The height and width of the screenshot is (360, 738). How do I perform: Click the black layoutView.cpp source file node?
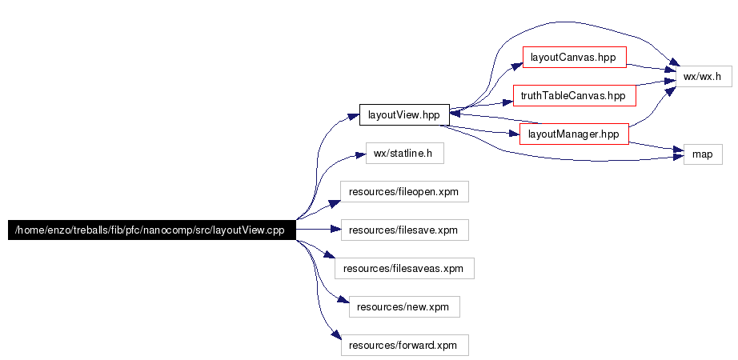click(152, 230)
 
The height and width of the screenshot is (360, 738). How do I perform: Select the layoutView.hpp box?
click(404, 115)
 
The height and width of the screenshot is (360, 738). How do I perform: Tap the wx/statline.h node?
click(405, 154)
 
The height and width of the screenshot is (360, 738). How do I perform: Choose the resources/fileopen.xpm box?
click(404, 191)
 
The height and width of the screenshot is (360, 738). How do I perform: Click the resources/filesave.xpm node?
click(405, 230)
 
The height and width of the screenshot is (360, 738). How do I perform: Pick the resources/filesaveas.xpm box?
click(404, 268)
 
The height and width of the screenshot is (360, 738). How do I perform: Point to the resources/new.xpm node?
click(404, 307)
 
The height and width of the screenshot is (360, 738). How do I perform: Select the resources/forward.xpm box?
click(405, 345)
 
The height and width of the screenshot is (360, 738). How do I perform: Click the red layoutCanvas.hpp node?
click(574, 58)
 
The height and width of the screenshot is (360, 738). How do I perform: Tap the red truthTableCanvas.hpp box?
click(574, 95)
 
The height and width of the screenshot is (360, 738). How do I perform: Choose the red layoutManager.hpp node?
click(574, 134)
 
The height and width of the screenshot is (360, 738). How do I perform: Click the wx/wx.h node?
click(704, 76)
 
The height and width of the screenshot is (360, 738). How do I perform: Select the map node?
click(703, 154)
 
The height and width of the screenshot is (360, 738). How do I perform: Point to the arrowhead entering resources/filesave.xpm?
click(335, 230)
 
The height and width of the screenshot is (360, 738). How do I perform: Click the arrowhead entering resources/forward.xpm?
click(335, 335)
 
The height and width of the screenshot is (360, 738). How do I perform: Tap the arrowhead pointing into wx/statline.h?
click(360, 156)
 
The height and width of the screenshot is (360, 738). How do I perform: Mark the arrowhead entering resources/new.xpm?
click(343, 299)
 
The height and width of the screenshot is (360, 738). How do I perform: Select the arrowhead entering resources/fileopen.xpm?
click(335, 203)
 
